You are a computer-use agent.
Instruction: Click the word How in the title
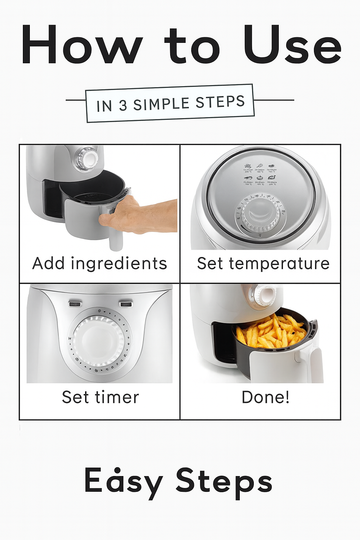pyautogui.click(x=82, y=45)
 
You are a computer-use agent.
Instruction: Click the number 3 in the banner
pyautogui.click(x=123, y=105)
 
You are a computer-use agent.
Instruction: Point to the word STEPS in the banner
pyautogui.click(x=220, y=102)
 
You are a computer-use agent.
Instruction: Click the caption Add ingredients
pyautogui.click(x=99, y=263)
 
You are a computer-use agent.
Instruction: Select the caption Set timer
pyautogui.click(x=100, y=397)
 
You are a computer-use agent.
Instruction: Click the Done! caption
pyautogui.click(x=265, y=397)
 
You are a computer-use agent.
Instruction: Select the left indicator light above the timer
pyautogui.click(x=75, y=304)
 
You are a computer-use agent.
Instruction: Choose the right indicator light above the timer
pyautogui.click(x=126, y=304)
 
